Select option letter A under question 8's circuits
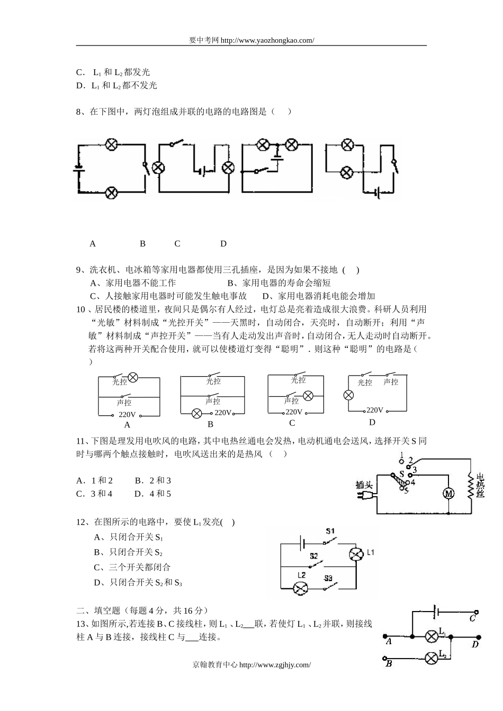tap(93, 244)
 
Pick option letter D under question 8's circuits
tap(223, 244)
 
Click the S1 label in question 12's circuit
tap(330, 531)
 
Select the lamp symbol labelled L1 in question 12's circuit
tap(355, 554)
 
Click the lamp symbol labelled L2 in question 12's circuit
tap(301, 587)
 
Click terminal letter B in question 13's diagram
tap(389, 663)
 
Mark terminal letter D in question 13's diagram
tap(475, 644)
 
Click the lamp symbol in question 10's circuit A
tap(133, 377)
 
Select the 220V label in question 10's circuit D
tap(374, 410)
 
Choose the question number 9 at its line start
tap(79, 270)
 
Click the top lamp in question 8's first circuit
tap(111, 144)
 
